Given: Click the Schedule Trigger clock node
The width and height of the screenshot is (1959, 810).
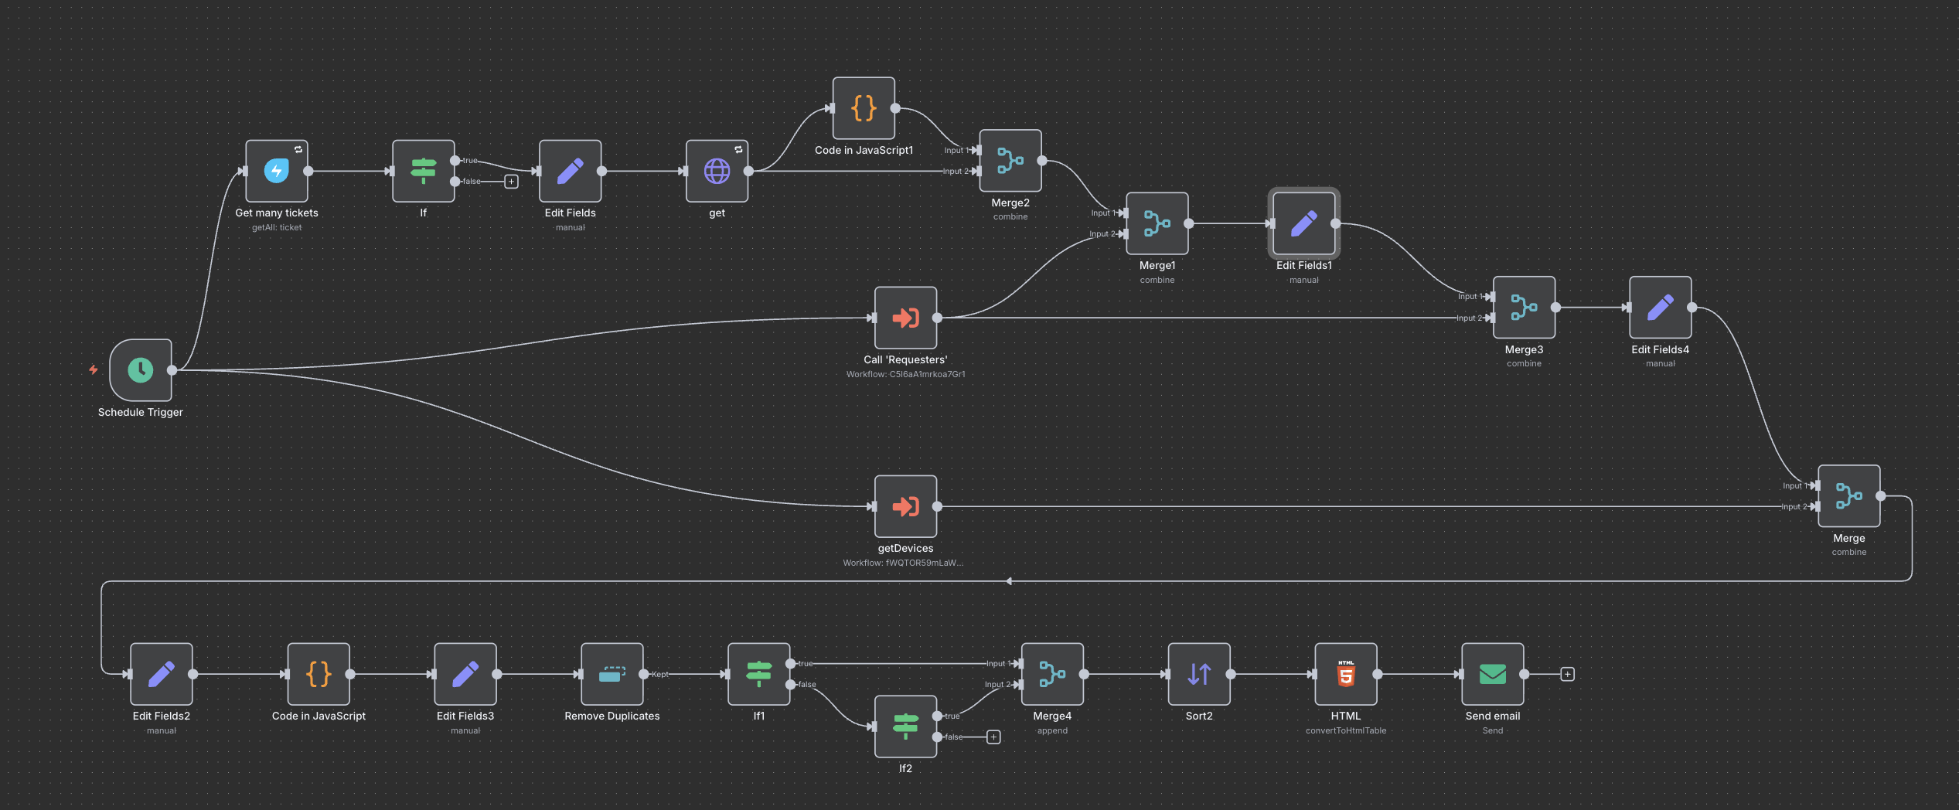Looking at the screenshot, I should click(141, 370).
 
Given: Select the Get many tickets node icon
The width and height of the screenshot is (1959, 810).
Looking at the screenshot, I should click(277, 171).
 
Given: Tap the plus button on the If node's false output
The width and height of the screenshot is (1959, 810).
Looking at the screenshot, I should click(511, 182).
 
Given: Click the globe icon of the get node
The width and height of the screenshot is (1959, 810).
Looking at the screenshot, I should click(717, 171).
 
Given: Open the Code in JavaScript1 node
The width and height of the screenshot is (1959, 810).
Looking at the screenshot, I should click(864, 108).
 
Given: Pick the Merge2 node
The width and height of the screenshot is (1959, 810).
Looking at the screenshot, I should click(1010, 161).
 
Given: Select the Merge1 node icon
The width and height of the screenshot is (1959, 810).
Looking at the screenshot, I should click(1157, 223).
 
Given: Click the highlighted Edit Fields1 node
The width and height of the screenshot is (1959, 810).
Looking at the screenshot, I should click(1303, 223).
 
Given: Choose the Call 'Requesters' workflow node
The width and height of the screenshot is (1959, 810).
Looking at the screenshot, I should click(905, 318).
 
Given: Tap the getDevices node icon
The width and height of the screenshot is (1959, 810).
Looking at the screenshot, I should click(905, 506).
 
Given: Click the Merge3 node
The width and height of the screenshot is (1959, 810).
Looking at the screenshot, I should click(1524, 308).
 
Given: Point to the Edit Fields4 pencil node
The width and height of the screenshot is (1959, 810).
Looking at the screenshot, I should click(1660, 308).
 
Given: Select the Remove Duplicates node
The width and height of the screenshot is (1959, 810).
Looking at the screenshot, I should click(612, 674).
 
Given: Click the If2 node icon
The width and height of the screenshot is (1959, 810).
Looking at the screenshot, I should click(905, 727).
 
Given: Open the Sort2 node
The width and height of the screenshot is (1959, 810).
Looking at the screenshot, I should click(1199, 674).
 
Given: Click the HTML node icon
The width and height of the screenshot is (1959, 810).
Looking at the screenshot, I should click(1346, 674).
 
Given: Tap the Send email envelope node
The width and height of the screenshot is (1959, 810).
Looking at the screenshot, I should click(1492, 674).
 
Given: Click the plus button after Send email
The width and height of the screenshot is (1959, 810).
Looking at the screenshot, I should click(1567, 674).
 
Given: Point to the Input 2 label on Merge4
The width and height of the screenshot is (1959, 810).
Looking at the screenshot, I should click(997, 685).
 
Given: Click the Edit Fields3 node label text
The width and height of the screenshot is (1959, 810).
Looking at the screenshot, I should click(465, 716).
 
